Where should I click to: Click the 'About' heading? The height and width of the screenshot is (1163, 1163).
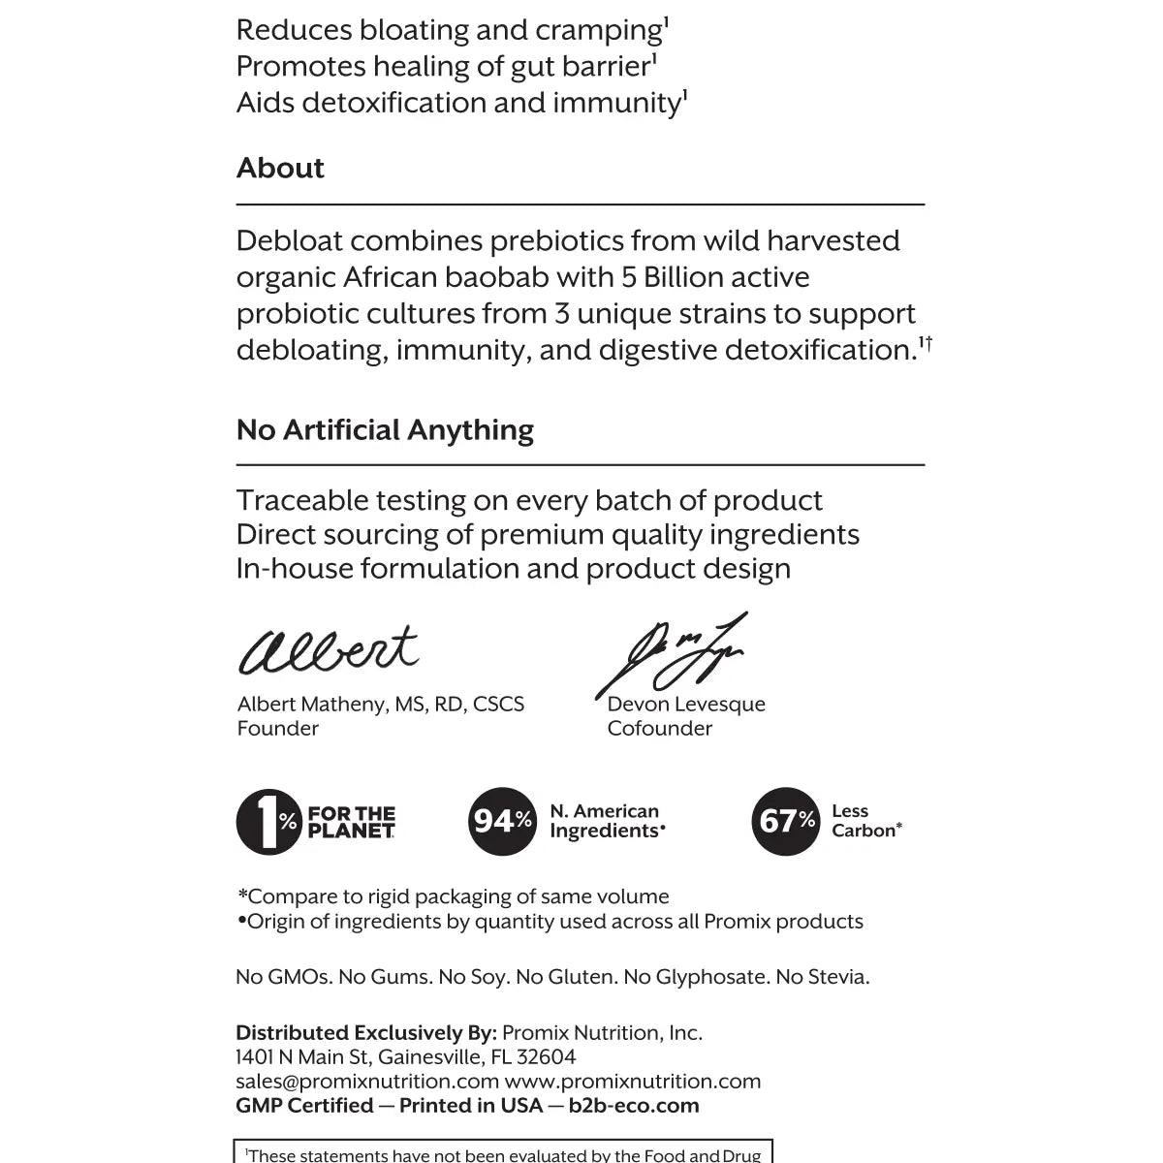[x=280, y=168]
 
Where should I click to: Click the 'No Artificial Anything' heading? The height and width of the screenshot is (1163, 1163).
[x=385, y=429]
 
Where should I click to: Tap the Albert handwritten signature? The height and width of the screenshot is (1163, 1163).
[x=329, y=649]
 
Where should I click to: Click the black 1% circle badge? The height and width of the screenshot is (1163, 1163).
[x=268, y=821]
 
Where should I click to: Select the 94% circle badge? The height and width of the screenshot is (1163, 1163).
[x=501, y=821]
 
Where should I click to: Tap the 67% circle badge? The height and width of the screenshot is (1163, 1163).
[x=786, y=821]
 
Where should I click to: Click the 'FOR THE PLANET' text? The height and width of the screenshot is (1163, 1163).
[x=351, y=822]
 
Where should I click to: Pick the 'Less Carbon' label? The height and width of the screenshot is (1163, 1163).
[x=865, y=821]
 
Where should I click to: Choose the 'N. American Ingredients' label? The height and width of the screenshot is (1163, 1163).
[x=607, y=821]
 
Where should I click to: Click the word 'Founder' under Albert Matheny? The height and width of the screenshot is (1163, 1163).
[x=278, y=729]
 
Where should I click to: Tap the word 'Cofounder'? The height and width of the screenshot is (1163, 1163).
[x=659, y=729]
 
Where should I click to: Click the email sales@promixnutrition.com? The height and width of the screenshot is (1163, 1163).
[x=367, y=1082]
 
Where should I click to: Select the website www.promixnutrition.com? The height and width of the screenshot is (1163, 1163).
[x=633, y=1082]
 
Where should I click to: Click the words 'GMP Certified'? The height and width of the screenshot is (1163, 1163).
[x=304, y=1106]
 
